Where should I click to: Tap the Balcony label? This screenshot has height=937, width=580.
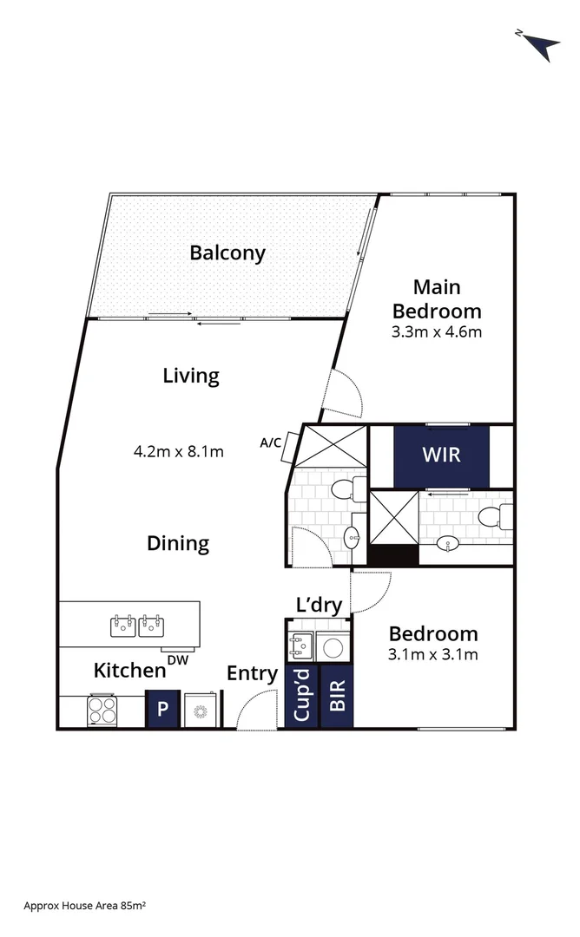[x=227, y=253]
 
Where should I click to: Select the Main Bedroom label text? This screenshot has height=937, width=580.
[x=437, y=298]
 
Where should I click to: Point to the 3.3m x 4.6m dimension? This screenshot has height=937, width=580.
[x=437, y=331]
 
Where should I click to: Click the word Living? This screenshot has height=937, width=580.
[x=191, y=376]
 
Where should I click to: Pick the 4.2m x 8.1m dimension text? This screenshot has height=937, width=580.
[x=179, y=451]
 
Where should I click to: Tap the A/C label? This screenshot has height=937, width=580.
[x=270, y=442]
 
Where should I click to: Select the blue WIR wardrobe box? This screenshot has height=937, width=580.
[x=441, y=455]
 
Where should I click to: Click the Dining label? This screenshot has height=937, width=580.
[x=178, y=543]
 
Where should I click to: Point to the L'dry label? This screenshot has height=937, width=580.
[x=319, y=606]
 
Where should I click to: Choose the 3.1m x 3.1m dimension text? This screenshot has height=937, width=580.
[x=433, y=655]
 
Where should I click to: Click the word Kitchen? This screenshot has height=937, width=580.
[x=129, y=670]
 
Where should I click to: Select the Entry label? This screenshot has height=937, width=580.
[x=252, y=673]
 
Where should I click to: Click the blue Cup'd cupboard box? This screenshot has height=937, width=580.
[x=301, y=696]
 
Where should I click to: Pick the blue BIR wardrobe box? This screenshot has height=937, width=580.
[x=337, y=696]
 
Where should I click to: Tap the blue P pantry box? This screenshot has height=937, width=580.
[x=161, y=709]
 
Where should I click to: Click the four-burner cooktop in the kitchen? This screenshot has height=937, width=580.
[x=103, y=711]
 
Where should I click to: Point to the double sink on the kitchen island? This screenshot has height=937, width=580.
[x=138, y=624]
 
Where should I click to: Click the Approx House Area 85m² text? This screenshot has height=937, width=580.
[x=85, y=905]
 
